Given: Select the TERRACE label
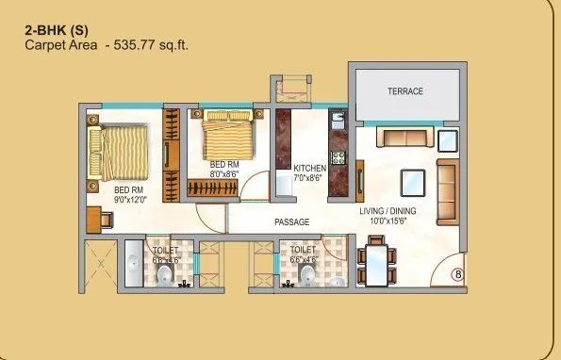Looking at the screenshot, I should point(405,91).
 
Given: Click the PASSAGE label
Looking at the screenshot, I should point(292,222).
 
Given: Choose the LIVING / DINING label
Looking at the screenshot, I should point(388,211).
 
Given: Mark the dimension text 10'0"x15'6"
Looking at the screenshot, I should point(388,221).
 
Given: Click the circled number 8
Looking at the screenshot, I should point(458,274).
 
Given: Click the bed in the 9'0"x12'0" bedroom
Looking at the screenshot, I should point(119,152).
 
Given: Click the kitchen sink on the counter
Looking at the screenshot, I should point(338,121).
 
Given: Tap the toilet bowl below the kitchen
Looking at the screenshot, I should point(307,273).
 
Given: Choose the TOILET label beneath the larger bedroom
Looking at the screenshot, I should point(166,251).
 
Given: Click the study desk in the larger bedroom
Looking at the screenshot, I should point(97,220).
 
